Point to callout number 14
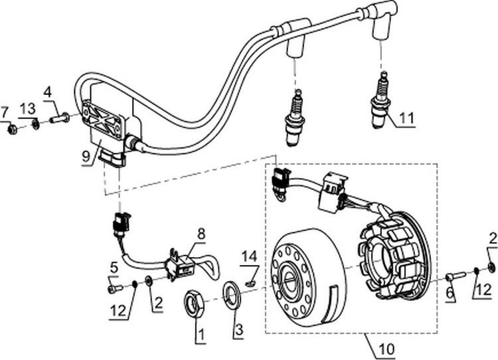(x=248, y=254)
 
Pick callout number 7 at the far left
(x=5, y=110)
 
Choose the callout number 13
(x=27, y=108)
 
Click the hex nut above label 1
(x=195, y=306)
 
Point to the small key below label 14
(x=250, y=282)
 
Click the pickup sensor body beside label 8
(x=181, y=265)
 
